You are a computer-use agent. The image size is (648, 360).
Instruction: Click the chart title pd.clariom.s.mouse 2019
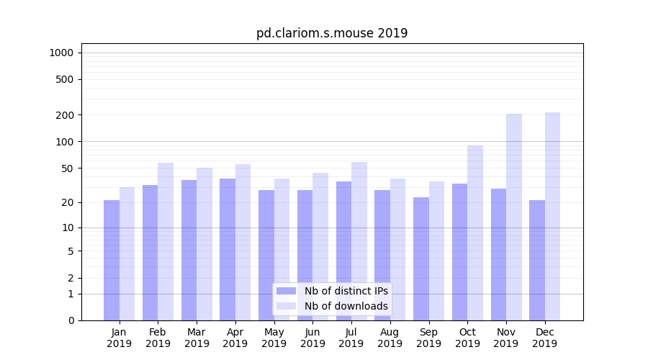click(x=332, y=33)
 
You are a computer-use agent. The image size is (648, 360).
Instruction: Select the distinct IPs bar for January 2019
click(x=112, y=260)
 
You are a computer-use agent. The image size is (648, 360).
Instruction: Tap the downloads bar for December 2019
click(x=552, y=216)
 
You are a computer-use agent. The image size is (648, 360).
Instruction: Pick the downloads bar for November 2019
click(x=514, y=217)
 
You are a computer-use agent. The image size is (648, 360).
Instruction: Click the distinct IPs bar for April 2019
click(x=228, y=249)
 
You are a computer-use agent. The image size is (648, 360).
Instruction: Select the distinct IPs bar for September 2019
click(x=421, y=258)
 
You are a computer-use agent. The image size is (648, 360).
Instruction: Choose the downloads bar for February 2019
click(x=166, y=241)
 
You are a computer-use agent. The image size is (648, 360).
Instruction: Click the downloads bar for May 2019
click(x=282, y=249)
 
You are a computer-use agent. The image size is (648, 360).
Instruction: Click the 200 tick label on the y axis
click(x=65, y=115)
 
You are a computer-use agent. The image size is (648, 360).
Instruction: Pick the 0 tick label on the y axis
click(x=71, y=320)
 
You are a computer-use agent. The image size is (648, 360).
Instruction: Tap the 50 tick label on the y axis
click(x=67, y=168)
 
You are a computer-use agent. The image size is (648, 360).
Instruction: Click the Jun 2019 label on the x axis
click(x=312, y=338)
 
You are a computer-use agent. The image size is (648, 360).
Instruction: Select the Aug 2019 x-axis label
click(x=390, y=338)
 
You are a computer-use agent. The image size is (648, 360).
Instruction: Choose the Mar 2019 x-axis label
click(x=197, y=338)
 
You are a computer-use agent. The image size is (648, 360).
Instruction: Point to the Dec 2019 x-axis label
click(x=544, y=338)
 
